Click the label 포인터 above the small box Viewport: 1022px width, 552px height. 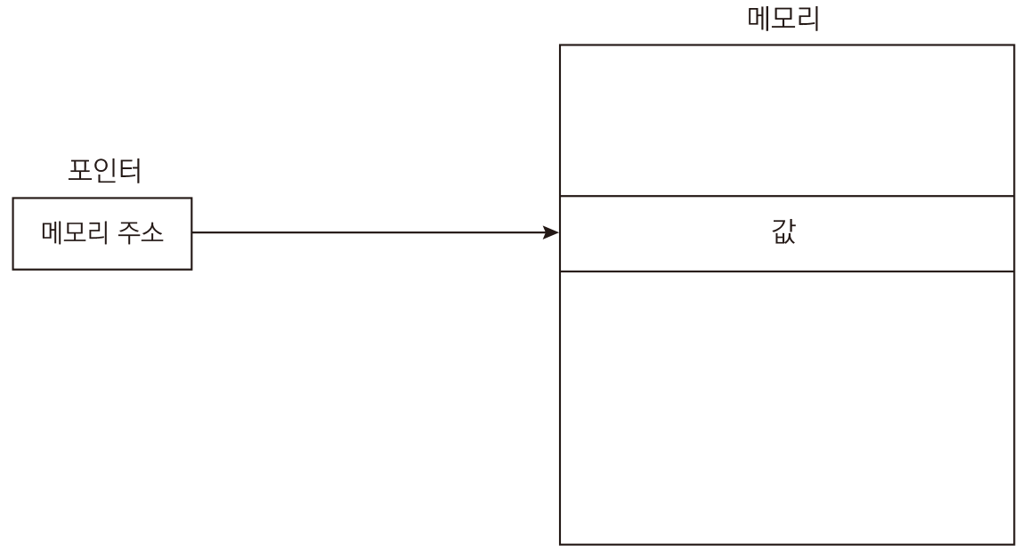[x=105, y=170]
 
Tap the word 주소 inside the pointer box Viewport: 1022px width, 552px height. [x=140, y=232]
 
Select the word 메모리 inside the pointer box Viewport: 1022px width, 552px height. [x=75, y=232]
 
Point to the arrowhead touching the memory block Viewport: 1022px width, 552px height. [x=551, y=232]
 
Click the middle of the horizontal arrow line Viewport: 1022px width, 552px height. [x=376, y=232]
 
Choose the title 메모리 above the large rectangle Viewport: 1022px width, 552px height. [x=783, y=18]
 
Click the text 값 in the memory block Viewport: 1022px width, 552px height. [x=783, y=232]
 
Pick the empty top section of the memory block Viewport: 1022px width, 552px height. [x=787, y=120]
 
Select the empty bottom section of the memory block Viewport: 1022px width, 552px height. [x=787, y=407]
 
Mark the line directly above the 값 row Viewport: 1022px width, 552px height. [x=787, y=196]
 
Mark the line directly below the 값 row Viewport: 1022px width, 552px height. [x=787, y=272]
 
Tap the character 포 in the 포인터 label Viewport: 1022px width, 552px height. [x=79, y=170]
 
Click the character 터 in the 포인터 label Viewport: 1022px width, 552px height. [x=130, y=170]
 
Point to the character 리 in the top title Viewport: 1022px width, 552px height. [x=808, y=18]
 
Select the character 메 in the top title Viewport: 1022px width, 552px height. [x=759, y=18]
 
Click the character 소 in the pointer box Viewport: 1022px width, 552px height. [x=152, y=232]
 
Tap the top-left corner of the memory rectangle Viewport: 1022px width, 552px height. [x=560, y=45]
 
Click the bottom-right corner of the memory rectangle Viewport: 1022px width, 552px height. [x=1014, y=544]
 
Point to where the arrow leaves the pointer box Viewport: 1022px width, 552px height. [x=192, y=232]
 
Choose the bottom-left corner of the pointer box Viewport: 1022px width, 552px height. [x=13, y=269]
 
